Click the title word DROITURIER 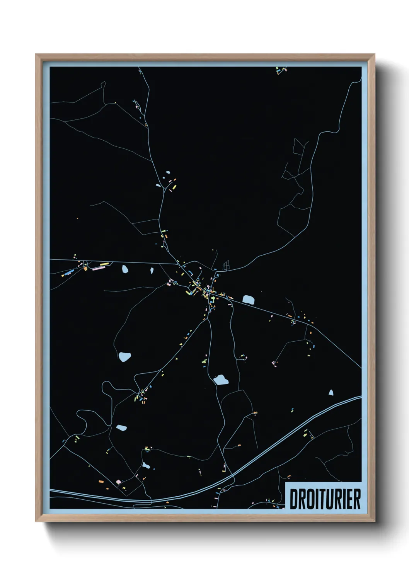[325, 499]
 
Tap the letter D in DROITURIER [294, 499]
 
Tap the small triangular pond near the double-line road [331, 393]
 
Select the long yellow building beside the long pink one [104, 264]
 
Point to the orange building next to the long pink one [85, 269]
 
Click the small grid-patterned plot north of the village [226, 265]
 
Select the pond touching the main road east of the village [248, 299]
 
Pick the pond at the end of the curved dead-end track [124, 357]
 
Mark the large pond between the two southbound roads [221, 380]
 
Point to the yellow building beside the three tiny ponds [174, 187]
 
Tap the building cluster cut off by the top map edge [281, 70]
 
